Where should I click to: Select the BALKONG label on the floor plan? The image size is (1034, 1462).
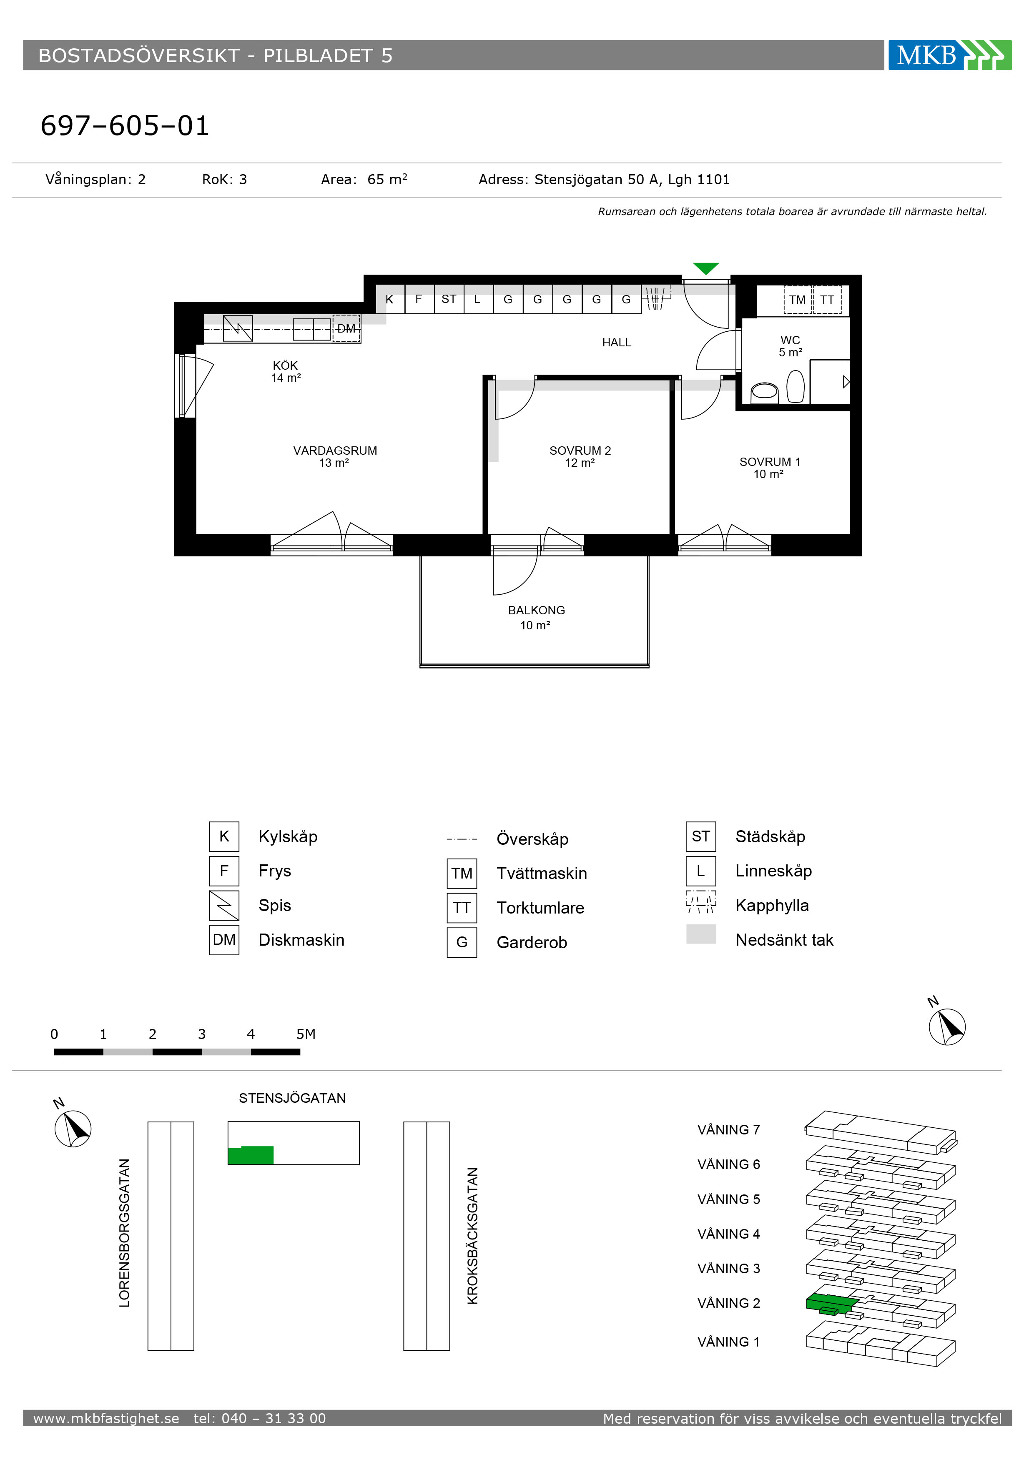(x=537, y=610)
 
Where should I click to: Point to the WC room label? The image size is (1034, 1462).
(x=790, y=340)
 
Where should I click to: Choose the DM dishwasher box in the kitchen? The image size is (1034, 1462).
(x=346, y=328)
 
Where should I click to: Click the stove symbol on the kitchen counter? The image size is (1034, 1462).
(x=238, y=328)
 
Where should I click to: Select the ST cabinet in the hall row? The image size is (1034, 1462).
(x=449, y=299)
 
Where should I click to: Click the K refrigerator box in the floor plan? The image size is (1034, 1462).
(x=390, y=299)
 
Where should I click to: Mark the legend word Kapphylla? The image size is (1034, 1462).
(x=772, y=906)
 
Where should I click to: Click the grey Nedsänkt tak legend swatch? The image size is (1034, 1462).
(x=701, y=934)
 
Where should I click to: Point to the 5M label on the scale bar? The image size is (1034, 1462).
(x=306, y=1034)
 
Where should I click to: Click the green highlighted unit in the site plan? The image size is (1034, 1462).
(x=251, y=1155)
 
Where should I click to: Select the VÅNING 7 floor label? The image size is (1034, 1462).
(x=729, y=1129)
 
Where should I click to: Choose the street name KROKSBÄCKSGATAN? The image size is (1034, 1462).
(x=472, y=1236)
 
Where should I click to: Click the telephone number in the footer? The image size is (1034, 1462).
(x=260, y=1418)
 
